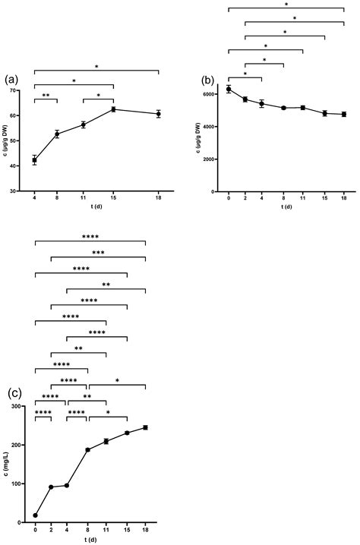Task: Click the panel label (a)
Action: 11,79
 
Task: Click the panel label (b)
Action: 207,80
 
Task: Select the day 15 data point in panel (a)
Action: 113,109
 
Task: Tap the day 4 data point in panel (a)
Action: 34,160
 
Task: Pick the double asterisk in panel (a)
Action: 45,96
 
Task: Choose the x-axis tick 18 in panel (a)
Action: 158,199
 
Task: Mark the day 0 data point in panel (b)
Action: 229,90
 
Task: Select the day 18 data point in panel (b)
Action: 344,115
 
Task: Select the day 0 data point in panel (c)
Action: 35,515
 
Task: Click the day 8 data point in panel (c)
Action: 87,450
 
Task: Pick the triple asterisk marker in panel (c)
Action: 98,252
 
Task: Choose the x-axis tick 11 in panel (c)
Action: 106,531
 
